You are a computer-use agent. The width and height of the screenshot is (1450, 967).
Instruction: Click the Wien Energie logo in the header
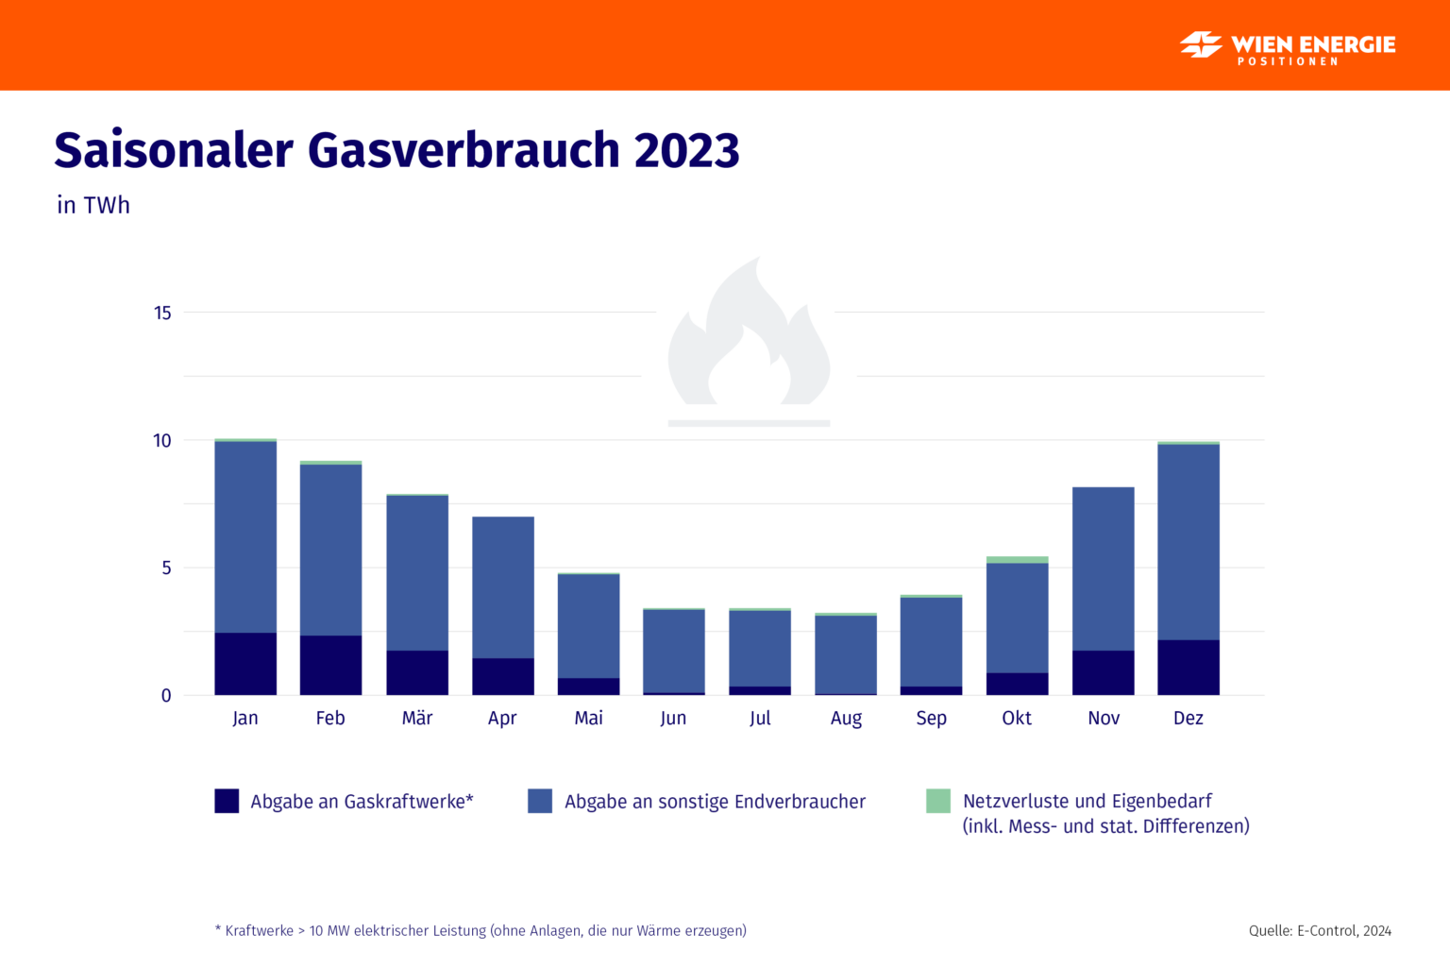1287,46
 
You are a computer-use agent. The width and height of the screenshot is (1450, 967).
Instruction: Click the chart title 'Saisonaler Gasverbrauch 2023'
396,151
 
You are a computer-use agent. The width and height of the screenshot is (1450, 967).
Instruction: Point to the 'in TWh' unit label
93,205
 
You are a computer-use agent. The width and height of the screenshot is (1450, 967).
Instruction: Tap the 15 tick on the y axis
162,313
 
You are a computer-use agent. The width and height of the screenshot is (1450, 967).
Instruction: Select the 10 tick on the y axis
162,441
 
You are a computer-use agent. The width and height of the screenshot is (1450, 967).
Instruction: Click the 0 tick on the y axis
166,696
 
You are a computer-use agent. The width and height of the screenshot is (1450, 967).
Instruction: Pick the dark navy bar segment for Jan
245,664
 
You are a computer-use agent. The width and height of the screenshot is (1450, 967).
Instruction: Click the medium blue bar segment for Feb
330,550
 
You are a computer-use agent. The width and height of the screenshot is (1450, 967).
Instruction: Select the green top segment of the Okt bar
1017,560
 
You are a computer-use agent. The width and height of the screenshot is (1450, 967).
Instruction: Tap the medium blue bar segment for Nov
1103,568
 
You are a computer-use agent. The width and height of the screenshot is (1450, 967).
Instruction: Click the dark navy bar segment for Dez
1188,668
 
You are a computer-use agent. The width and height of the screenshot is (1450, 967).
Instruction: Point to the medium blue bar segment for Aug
846,654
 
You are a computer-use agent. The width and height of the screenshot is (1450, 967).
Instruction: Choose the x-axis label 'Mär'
417,719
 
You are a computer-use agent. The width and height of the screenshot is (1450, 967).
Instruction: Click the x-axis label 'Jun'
673,719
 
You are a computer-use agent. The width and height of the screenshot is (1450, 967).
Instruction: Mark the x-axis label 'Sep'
931,719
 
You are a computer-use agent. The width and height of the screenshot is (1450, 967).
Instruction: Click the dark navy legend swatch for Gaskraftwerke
227,801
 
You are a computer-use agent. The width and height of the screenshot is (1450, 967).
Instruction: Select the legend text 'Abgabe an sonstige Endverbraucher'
715,802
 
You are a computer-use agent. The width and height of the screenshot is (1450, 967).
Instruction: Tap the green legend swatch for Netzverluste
937,801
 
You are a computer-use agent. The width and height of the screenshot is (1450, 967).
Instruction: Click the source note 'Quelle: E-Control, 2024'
1320,931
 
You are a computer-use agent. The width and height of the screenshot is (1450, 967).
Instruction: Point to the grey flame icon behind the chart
749,345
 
